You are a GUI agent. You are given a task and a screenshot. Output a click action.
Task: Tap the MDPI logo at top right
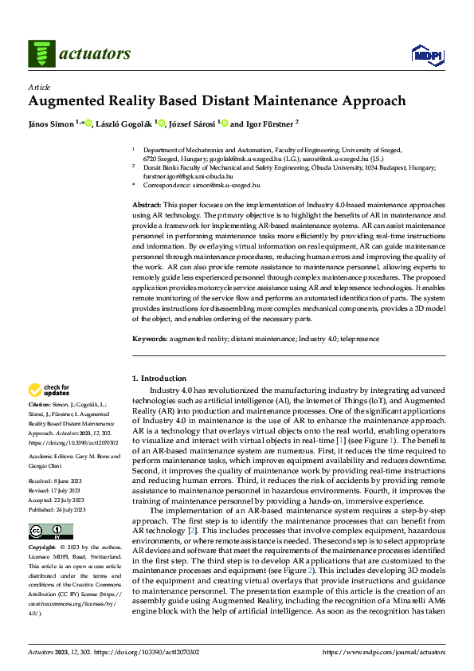click(427, 53)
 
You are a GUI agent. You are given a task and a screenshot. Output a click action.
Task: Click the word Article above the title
click(39, 87)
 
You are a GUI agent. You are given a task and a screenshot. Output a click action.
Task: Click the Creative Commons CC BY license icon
click(49, 532)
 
